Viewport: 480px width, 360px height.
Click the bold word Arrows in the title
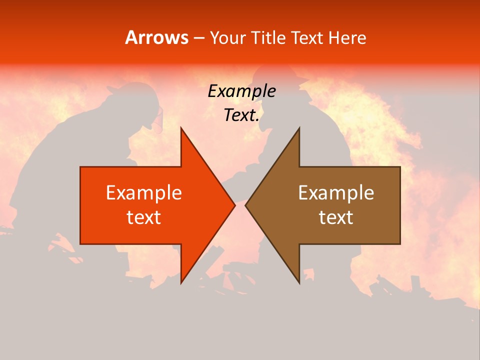click(156, 37)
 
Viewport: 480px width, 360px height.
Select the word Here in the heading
click(347, 37)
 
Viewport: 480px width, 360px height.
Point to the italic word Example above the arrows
click(241, 91)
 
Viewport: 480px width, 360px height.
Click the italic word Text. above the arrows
click(241, 115)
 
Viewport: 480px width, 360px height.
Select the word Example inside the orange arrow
click(144, 193)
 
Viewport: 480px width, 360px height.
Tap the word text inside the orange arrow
click(144, 217)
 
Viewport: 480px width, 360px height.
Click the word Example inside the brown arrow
click(336, 193)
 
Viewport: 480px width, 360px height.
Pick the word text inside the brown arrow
click(336, 217)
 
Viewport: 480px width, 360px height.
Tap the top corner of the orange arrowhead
click(181, 128)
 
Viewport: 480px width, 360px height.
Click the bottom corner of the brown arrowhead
click(299, 282)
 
